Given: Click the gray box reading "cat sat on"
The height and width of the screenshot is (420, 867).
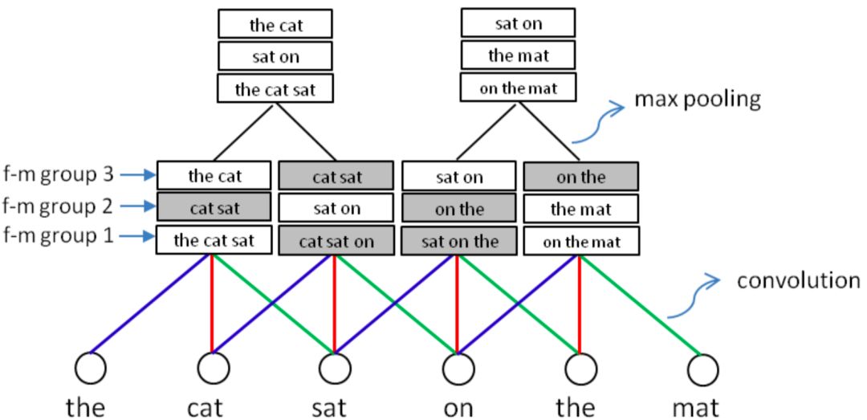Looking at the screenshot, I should click(x=336, y=241).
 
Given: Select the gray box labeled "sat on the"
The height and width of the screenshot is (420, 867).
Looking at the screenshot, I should click(x=458, y=241).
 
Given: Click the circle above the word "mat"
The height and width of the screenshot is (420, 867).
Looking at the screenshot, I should click(x=702, y=369).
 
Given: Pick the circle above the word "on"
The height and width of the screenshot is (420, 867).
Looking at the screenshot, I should click(x=457, y=369).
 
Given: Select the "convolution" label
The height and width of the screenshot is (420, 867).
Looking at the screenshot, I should click(x=798, y=281).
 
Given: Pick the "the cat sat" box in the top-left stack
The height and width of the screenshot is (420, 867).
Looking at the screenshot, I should click(x=275, y=88).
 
